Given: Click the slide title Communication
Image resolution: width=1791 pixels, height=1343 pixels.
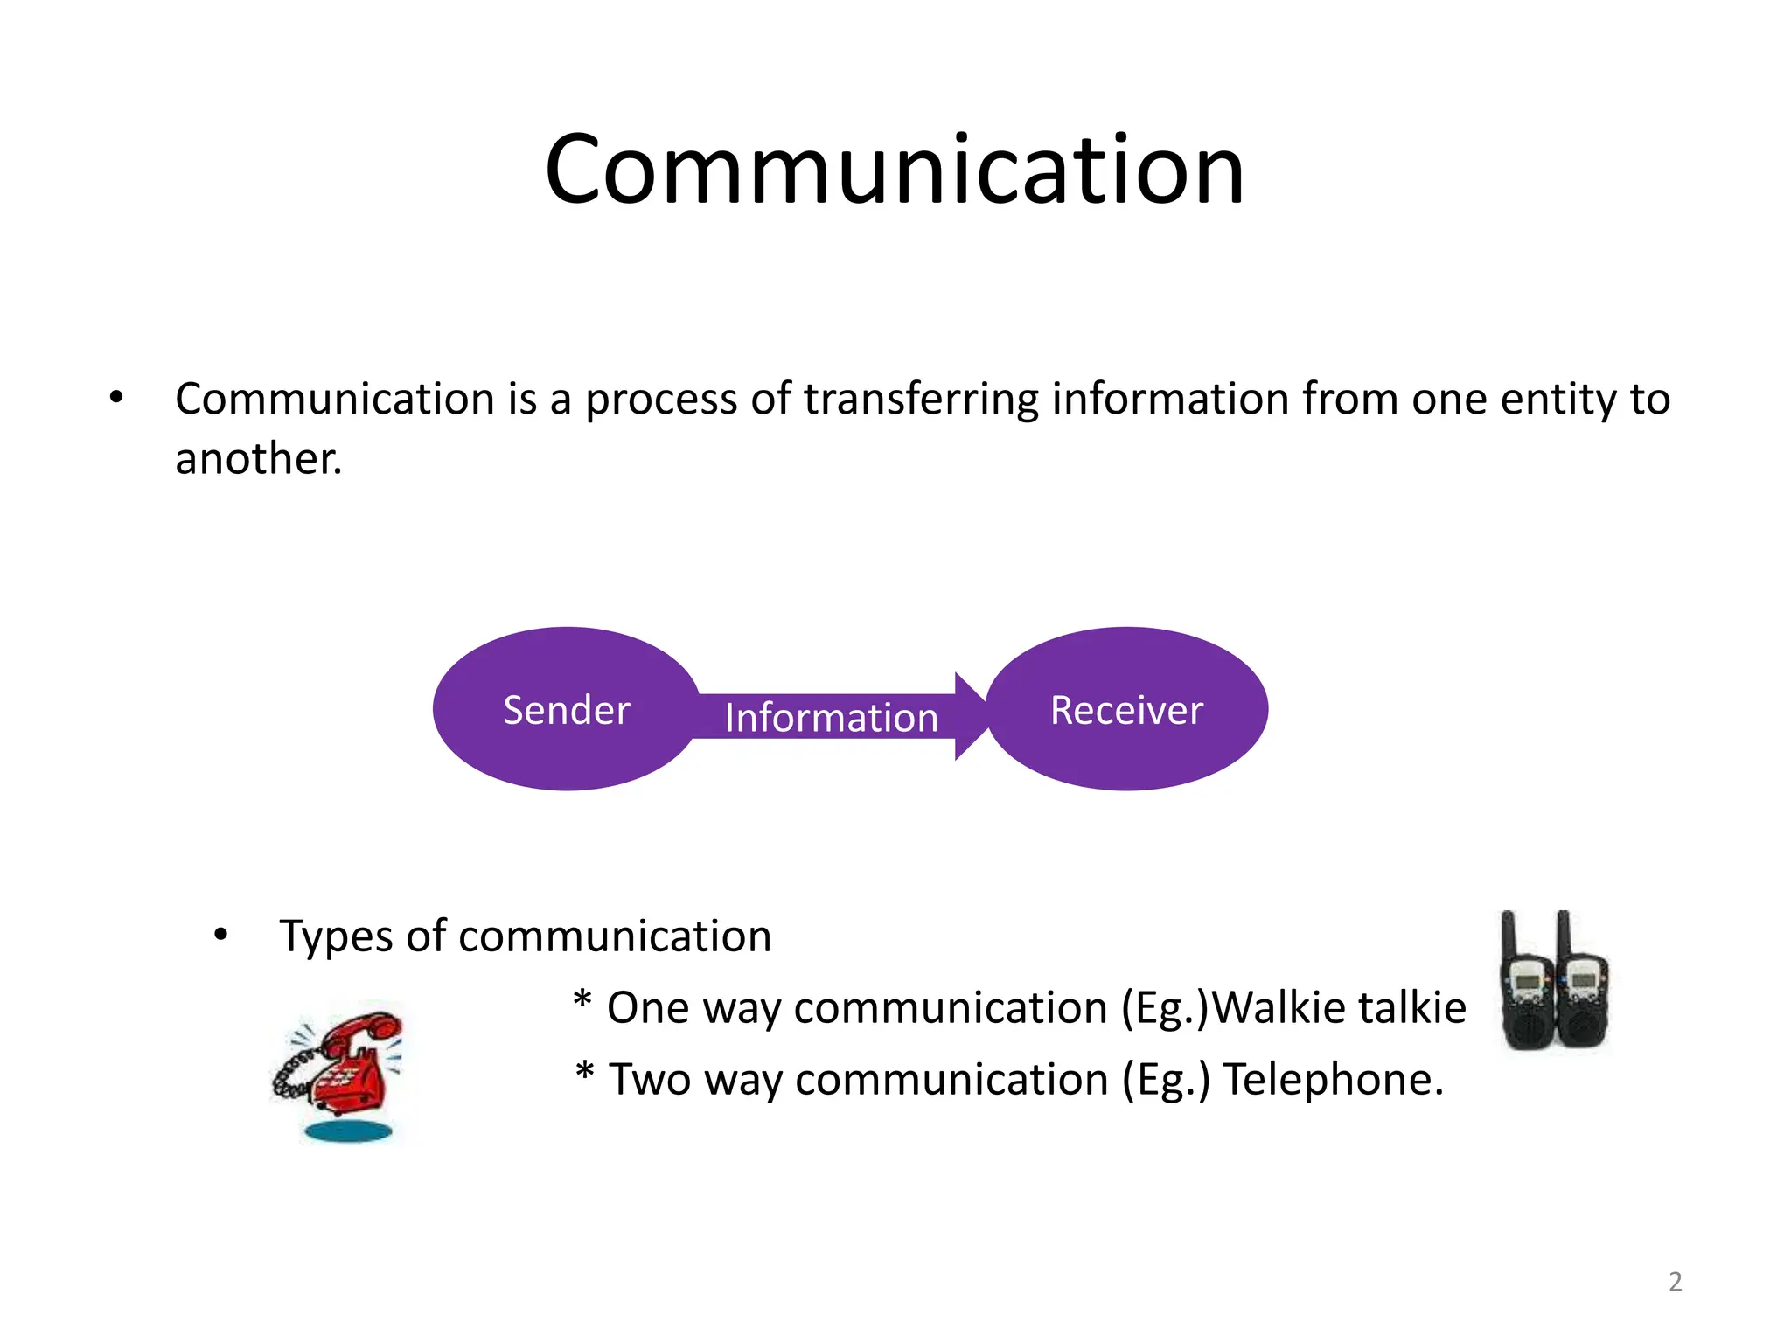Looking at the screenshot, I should pyautogui.click(x=894, y=170).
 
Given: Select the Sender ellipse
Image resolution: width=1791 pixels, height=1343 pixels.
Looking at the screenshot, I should pyautogui.click(x=566, y=709).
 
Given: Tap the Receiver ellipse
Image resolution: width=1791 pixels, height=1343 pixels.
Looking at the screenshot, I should pyautogui.click(x=1126, y=709).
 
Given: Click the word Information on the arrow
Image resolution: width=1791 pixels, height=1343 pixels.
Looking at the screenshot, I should pyautogui.click(x=831, y=718).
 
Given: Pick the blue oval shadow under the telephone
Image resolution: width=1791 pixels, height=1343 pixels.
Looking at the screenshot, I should pyautogui.click(x=347, y=1132).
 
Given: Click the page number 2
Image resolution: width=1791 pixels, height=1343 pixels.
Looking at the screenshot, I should pyautogui.click(x=1675, y=1282).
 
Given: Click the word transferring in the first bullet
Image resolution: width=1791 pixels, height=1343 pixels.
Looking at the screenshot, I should pyautogui.click(x=921, y=400).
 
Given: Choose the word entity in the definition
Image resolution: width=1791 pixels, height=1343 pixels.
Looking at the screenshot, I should pyautogui.click(x=1558, y=400).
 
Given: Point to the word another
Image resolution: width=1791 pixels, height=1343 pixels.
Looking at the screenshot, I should pyautogui.click(x=257, y=459).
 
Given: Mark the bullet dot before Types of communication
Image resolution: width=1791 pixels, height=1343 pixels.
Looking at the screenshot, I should pyautogui.click(x=220, y=935).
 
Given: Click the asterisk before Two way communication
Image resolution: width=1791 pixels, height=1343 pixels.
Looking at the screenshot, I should pyautogui.click(x=585, y=1072).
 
